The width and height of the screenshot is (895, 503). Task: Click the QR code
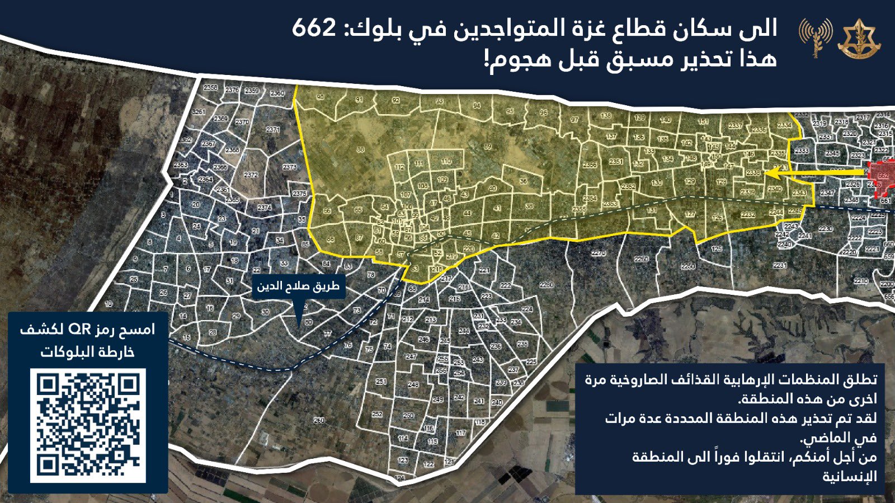88,425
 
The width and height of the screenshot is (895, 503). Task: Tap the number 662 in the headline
314,29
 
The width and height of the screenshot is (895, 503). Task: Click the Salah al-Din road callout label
298,286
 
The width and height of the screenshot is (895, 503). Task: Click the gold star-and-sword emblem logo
858,39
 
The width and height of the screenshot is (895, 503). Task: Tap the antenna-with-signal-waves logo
815,37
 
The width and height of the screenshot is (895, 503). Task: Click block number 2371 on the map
273,129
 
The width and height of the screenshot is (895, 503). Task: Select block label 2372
251,175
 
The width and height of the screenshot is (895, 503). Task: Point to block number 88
361,149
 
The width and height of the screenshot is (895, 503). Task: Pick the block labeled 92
395,101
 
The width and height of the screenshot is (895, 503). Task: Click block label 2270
599,253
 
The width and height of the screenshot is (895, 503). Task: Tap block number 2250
688,266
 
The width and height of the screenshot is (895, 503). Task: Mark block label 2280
547,285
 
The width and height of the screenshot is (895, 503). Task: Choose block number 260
319,420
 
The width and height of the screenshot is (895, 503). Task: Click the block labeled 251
381,381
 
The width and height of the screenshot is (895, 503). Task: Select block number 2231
780,265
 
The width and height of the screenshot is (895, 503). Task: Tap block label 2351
616,162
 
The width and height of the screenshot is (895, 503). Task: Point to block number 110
446,161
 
